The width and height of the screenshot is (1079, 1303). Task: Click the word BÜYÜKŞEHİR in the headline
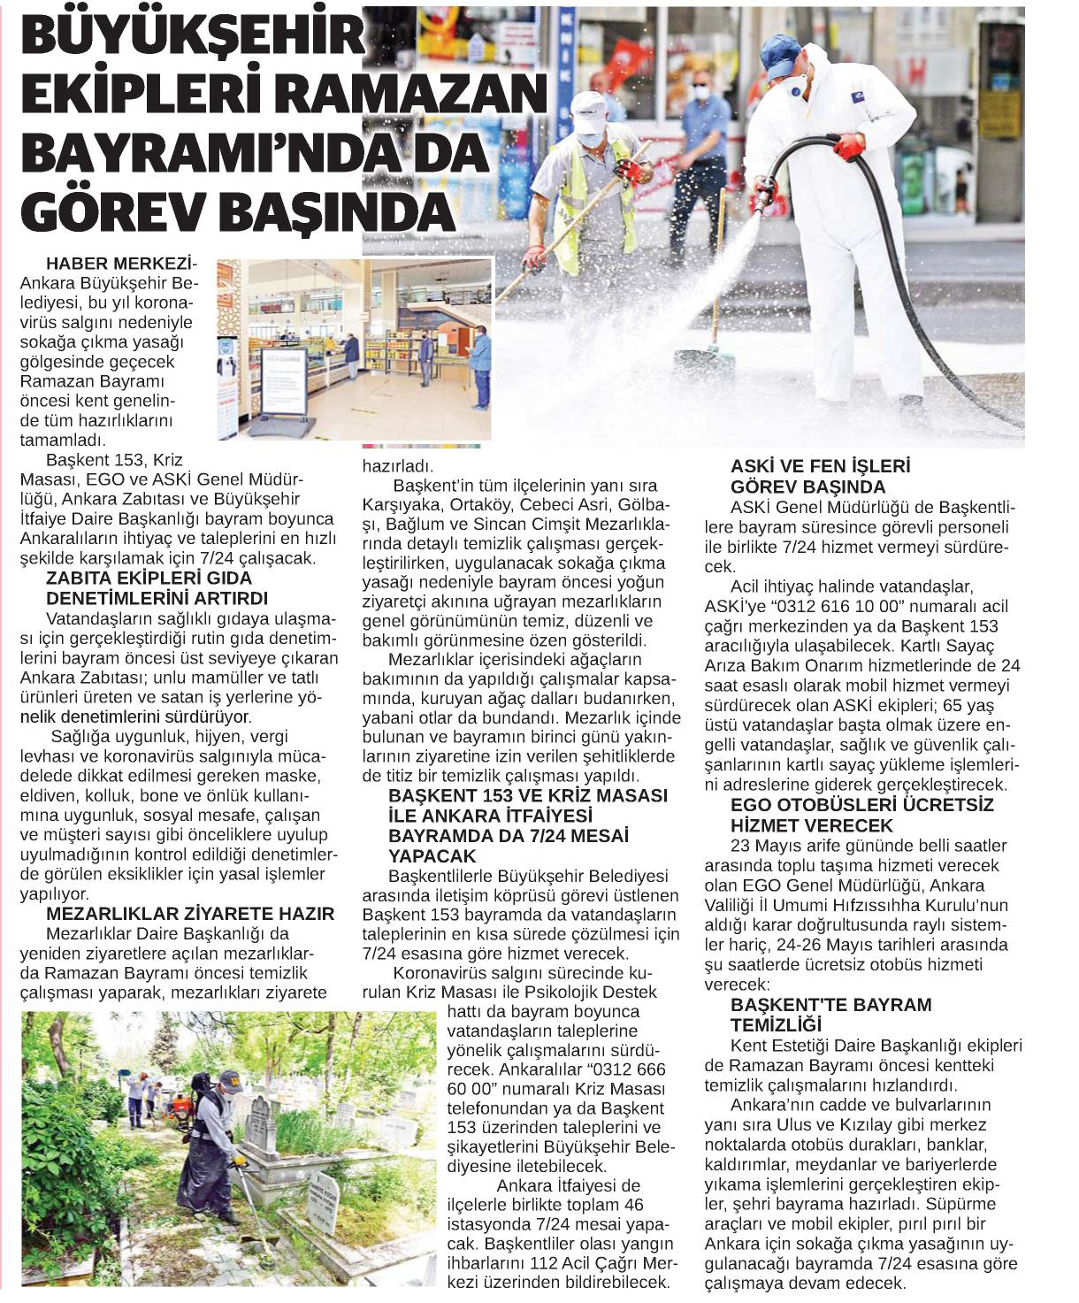193,37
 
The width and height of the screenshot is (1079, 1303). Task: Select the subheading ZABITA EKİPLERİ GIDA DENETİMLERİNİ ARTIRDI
157,588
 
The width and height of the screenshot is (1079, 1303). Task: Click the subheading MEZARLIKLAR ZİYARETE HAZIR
190,914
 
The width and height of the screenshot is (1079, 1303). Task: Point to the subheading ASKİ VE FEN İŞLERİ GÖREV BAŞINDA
820,476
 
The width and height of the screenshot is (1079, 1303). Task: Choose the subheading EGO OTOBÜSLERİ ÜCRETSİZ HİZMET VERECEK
849,815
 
